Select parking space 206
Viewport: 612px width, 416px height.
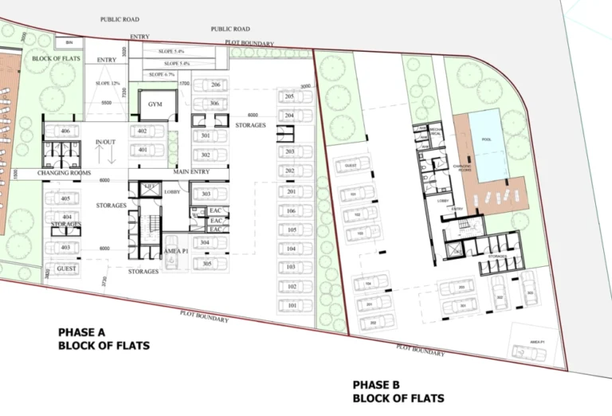tap(214, 85)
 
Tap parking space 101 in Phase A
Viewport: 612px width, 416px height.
tap(292, 306)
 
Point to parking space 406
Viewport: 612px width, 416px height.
tap(65, 131)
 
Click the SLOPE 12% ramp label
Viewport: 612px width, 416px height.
tap(107, 84)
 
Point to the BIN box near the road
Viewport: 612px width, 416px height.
tap(69, 42)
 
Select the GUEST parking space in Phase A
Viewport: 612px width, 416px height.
tap(65, 269)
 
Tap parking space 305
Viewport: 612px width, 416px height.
tap(206, 264)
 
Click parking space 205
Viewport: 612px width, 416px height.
tap(289, 96)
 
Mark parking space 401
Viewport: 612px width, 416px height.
tap(143, 150)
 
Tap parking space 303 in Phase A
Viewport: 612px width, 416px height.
tap(206, 194)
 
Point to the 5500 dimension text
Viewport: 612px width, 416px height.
tap(106, 103)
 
